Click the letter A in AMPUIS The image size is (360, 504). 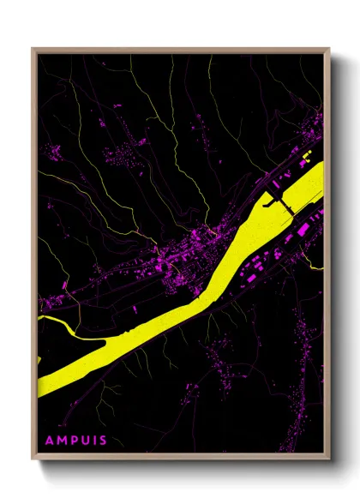[49, 441]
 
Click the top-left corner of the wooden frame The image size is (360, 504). [33, 50]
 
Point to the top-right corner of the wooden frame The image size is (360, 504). [328, 50]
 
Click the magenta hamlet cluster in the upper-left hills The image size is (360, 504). [53, 153]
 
